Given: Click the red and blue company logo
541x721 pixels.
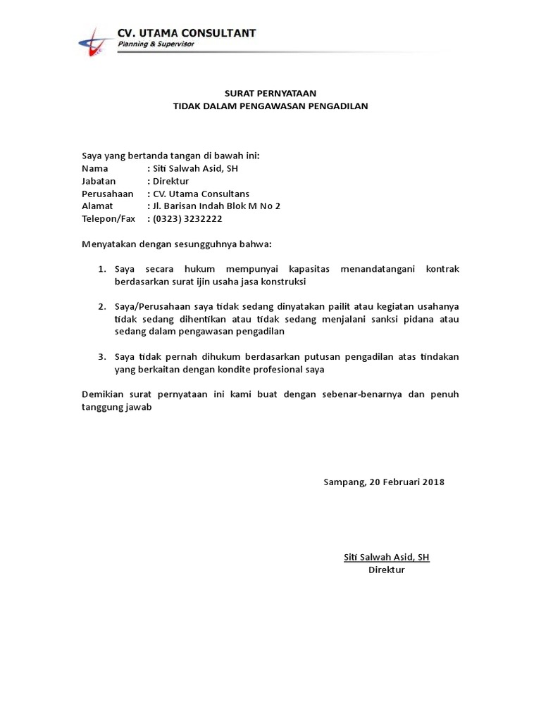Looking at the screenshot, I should tap(94, 41).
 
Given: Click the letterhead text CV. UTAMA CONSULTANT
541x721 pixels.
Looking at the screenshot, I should tap(187, 32).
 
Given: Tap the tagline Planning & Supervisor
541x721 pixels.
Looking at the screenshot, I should tap(156, 44).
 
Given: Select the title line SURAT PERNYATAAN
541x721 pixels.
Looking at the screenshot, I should tap(270, 93).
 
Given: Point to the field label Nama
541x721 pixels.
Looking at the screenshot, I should tap(95, 168).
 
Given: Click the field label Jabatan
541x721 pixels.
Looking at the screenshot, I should tap(99, 181).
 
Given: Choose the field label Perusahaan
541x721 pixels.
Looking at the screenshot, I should tap(108, 194).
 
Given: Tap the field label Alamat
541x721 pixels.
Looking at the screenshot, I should tap(97, 206).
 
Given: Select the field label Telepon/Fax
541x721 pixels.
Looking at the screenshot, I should tap(108, 219).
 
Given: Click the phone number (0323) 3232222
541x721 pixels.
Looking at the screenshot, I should tap(187, 219).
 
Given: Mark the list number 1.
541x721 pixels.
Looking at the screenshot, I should tap(101, 270).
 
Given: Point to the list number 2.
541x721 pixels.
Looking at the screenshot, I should tap(101, 307).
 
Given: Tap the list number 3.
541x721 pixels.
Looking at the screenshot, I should tap(101, 357).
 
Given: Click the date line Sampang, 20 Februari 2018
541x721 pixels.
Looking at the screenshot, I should tap(384, 482).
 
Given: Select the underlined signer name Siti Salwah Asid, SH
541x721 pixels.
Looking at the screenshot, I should tap(387, 557).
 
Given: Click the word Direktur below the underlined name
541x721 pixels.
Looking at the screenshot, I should tap(387, 570).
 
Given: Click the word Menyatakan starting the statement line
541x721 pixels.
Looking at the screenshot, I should tap(108, 244).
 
